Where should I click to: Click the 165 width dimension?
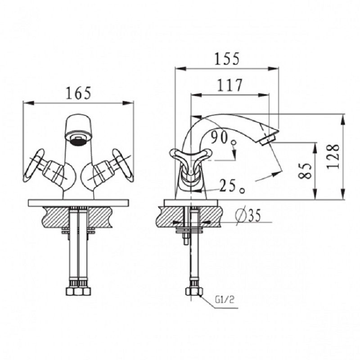[x=78, y=93]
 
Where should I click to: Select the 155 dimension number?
[x=227, y=58]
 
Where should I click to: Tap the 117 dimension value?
[x=229, y=85]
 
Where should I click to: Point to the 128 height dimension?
[x=333, y=157]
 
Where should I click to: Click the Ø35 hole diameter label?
[x=248, y=216]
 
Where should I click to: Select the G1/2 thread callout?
[x=225, y=300]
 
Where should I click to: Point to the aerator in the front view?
[x=78, y=139]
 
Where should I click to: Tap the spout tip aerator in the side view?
[x=267, y=139]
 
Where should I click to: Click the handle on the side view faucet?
[x=190, y=162]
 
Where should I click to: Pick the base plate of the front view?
[x=78, y=203]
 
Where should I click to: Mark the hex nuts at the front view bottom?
[x=78, y=291]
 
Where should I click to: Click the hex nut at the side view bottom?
[x=194, y=292]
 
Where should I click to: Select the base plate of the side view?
[x=191, y=203]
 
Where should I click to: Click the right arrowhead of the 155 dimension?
[x=273, y=68]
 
